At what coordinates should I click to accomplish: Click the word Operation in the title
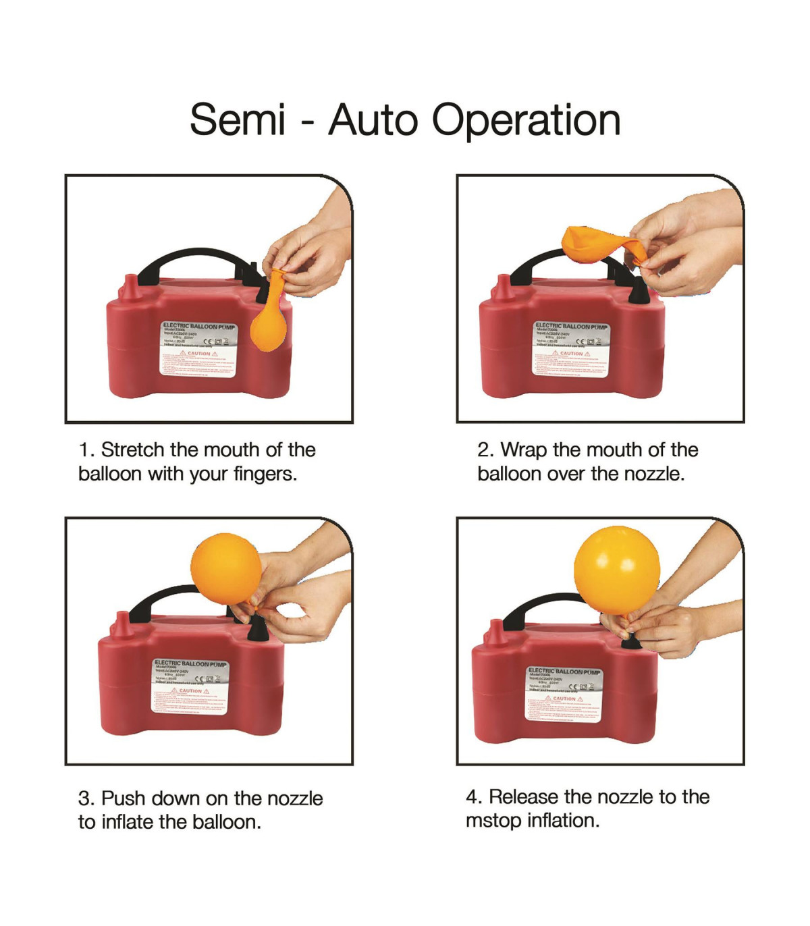[526, 121]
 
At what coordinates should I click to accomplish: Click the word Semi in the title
[238, 120]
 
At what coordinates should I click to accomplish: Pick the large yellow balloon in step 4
[617, 571]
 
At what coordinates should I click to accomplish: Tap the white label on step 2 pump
[571, 348]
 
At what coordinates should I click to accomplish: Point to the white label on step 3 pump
[190, 686]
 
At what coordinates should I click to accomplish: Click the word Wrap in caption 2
[524, 450]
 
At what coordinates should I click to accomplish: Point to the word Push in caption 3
[124, 798]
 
